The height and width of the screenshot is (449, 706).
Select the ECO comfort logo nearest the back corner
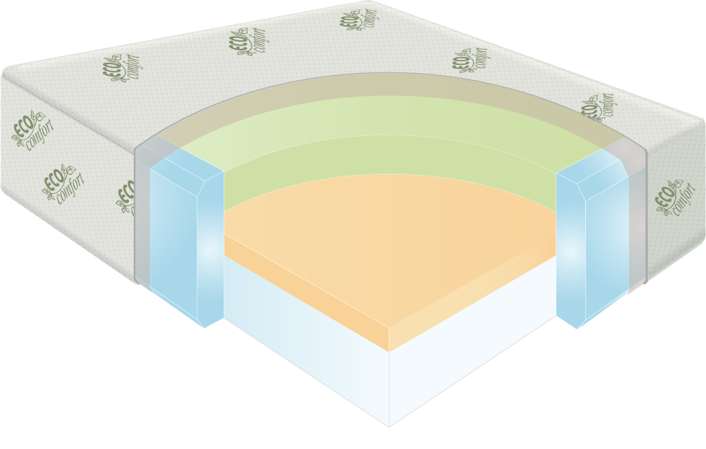(357, 19)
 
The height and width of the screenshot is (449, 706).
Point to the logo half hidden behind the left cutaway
(126, 197)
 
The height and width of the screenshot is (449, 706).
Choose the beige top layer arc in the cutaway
(386, 93)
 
